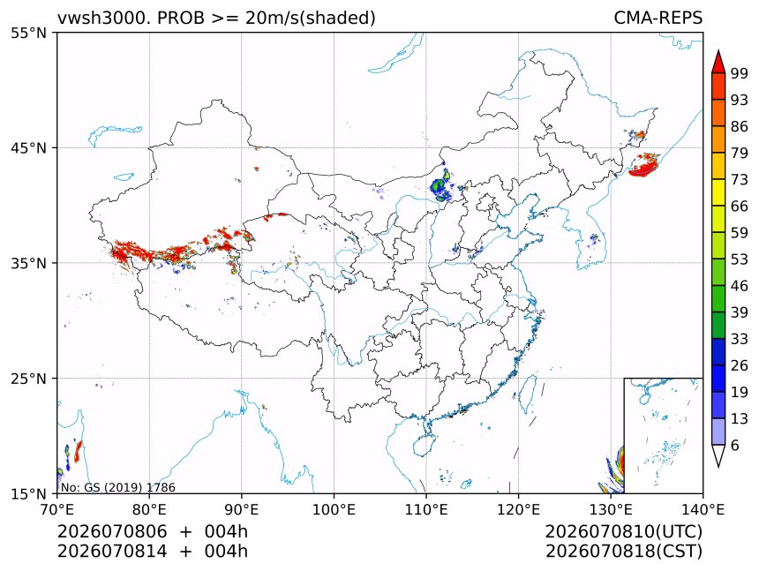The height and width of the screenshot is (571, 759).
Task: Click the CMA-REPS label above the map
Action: tap(658, 18)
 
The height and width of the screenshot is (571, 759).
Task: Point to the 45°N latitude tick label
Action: tap(28, 147)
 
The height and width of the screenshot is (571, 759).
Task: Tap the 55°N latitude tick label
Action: tap(28, 33)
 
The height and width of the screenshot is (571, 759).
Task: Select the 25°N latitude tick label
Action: tap(28, 378)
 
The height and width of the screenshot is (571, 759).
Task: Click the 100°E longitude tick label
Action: tap(334, 509)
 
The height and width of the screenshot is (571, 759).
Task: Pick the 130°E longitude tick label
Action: tap(611, 509)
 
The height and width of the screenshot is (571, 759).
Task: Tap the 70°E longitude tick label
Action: tap(57, 509)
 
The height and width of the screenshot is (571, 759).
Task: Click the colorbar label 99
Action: tap(740, 73)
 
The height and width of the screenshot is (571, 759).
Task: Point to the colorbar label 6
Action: tap(735, 445)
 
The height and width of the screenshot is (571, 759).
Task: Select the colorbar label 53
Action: tap(740, 259)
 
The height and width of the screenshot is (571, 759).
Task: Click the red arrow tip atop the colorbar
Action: tap(718, 51)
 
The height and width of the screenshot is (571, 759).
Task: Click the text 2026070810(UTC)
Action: tap(623, 531)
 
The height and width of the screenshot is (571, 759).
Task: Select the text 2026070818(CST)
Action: tap(623, 552)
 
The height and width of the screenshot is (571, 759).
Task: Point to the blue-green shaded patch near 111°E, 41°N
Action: tap(440, 186)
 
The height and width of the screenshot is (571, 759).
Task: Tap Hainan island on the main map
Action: tap(425, 445)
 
